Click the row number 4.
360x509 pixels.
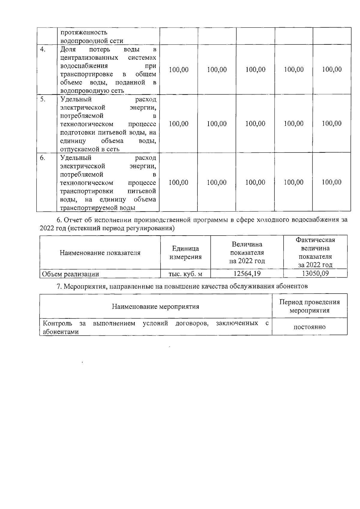pos(43,50)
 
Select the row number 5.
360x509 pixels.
pos(43,99)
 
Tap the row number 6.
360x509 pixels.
pos(43,158)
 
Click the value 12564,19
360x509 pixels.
pos(247,273)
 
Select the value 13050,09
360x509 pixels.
pos(315,273)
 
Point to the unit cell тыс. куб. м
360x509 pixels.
pos(185,274)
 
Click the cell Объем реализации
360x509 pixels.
pos(70,274)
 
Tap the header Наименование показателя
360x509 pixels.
pos(100,253)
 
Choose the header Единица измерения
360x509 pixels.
pos(185,253)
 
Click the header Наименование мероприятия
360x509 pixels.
pos(155,306)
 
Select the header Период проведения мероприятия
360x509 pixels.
pos(309,306)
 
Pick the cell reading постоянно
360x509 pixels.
pos(309,327)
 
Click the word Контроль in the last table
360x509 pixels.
pos(58,323)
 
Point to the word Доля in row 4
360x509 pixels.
pos(68,49)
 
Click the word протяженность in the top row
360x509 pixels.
pos(84,32)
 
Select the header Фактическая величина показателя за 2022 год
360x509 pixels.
pos(315,252)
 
